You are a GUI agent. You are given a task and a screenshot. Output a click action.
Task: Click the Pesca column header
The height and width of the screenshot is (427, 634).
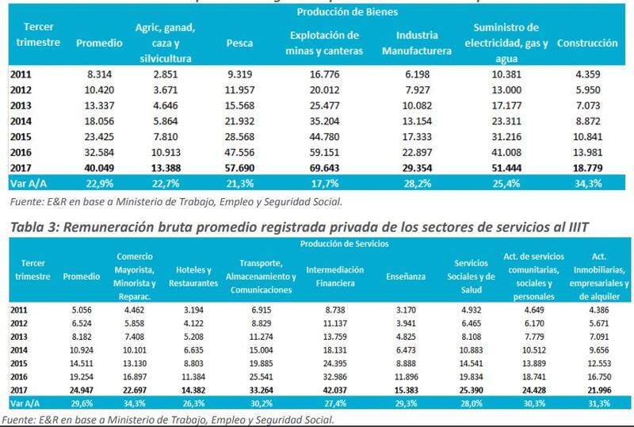click(x=239, y=43)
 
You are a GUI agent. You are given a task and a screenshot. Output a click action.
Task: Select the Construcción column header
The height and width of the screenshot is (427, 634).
click(x=587, y=43)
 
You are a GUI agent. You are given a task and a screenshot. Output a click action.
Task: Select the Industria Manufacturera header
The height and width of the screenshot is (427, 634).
click(x=417, y=44)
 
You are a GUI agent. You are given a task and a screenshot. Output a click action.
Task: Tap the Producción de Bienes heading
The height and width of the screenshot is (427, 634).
click(x=348, y=12)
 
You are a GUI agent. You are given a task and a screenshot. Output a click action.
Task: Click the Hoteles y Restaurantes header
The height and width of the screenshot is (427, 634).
click(x=193, y=276)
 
